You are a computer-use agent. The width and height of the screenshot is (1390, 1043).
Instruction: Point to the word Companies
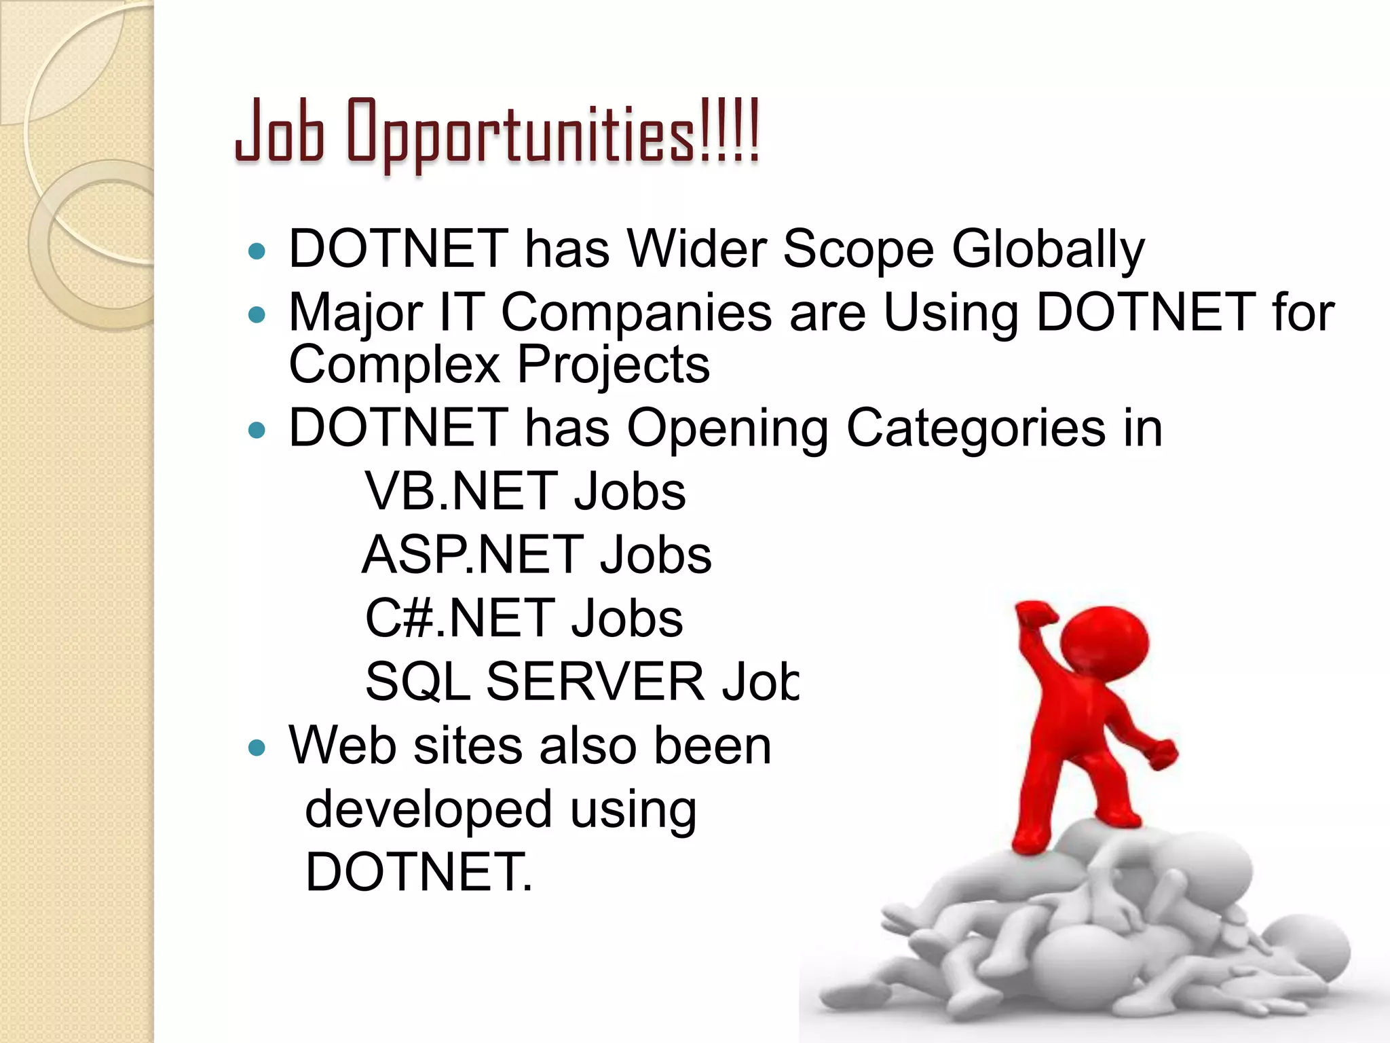(636, 312)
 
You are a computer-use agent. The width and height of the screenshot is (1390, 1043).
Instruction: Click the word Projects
(614, 365)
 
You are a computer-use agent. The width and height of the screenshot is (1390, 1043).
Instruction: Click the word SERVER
(595, 682)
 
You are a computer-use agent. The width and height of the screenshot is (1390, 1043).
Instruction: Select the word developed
(428, 809)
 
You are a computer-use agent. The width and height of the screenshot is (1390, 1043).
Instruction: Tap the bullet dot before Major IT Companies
(257, 314)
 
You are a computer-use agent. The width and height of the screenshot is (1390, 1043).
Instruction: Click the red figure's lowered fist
(1163, 754)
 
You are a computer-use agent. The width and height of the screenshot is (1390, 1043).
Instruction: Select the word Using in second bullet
(950, 312)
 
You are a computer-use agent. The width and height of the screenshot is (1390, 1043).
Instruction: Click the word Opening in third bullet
(727, 429)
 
